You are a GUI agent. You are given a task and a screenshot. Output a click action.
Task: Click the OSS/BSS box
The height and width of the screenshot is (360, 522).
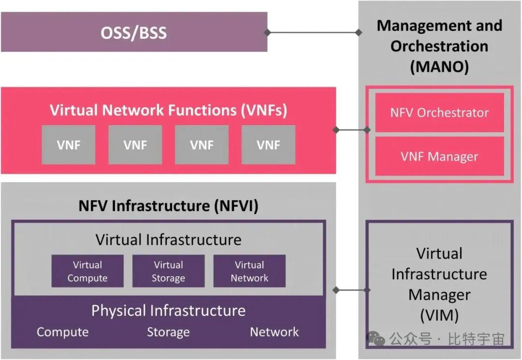tap(134, 32)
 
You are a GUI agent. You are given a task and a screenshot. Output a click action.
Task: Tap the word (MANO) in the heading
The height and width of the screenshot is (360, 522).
tap(439, 67)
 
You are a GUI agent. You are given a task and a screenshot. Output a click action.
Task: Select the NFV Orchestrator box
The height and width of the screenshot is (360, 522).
tap(439, 113)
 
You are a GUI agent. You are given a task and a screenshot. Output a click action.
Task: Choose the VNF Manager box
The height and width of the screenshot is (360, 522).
tap(439, 157)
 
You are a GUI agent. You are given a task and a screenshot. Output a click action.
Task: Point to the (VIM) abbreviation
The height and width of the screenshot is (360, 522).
tap(439, 315)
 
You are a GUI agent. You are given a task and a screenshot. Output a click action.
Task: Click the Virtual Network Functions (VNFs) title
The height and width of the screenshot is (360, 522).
tap(168, 110)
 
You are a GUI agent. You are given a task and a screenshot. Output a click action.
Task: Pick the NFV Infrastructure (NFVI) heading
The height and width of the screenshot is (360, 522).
tap(168, 206)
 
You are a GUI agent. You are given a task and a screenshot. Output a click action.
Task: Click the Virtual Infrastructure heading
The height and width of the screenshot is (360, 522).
tap(168, 240)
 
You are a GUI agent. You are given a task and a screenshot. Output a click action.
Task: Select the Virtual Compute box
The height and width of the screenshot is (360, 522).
tap(87, 272)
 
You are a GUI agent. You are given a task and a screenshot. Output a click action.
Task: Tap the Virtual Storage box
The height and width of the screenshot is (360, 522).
tap(168, 272)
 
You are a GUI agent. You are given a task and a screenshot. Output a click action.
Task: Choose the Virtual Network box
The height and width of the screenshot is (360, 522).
tap(249, 272)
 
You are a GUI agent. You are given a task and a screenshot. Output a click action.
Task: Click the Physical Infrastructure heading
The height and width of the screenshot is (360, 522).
tap(168, 310)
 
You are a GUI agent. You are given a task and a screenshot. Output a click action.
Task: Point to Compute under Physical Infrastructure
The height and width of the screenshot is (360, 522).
tap(63, 332)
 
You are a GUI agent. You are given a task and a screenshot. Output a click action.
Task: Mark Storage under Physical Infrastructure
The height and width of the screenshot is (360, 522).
tap(168, 332)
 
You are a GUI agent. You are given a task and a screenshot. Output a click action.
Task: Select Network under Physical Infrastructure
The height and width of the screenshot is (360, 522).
tap(274, 332)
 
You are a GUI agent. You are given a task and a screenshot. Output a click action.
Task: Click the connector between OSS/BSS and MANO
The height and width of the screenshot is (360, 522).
tap(313, 32)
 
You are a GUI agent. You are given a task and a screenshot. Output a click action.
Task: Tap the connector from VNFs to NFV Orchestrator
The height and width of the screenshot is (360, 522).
tap(351, 130)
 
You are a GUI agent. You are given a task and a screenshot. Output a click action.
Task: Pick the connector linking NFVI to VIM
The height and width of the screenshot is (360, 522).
tap(351, 290)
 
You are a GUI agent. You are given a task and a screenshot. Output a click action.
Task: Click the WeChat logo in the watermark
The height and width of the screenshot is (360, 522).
tap(376, 339)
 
